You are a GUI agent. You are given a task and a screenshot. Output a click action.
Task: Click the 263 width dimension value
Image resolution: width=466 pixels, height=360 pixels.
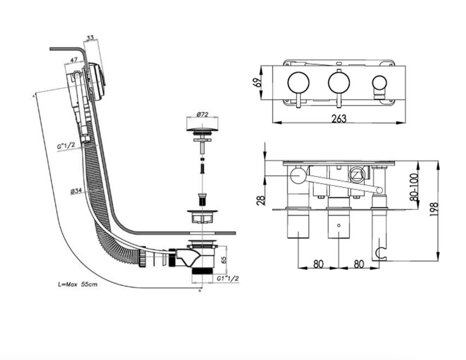[x=339, y=118]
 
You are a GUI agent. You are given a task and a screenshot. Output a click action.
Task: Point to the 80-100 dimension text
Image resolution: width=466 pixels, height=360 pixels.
[x=413, y=187]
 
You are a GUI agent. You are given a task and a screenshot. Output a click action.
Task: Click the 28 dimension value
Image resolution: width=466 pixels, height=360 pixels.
[x=261, y=200]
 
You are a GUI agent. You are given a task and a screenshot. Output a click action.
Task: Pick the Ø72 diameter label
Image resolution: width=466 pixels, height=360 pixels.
[x=202, y=114]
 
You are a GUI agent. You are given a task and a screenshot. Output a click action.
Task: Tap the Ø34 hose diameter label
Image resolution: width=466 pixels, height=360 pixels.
[x=76, y=191]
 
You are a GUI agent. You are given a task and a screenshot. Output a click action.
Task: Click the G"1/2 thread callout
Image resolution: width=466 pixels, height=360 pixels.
[x=66, y=145]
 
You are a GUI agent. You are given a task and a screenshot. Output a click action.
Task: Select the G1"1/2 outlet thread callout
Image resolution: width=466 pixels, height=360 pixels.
[x=227, y=278]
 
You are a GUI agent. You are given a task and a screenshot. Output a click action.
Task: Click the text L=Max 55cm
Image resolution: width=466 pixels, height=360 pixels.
[x=78, y=284]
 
